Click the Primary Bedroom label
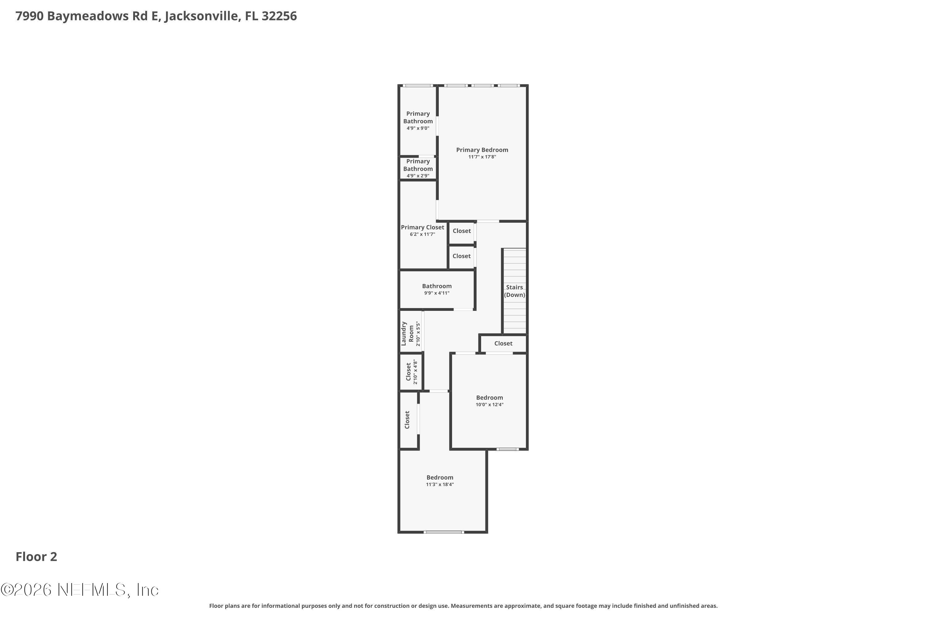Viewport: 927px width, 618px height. [x=482, y=150]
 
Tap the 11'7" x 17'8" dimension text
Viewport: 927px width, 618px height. [x=482, y=157]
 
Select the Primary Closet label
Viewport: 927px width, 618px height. [x=422, y=227]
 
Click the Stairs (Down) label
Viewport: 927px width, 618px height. [x=514, y=291]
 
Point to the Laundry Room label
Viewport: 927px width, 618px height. [x=408, y=333]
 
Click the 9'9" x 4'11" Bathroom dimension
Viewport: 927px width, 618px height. [x=436, y=293]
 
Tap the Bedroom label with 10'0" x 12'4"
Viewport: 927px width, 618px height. [x=489, y=398]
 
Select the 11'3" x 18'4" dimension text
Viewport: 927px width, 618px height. [x=439, y=485]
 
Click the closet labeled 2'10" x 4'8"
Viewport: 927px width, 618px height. [x=409, y=372]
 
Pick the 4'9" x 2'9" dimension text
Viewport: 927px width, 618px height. [x=418, y=176]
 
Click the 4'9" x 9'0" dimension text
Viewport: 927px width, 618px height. [x=418, y=128]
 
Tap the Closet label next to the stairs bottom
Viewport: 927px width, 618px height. [x=503, y=343]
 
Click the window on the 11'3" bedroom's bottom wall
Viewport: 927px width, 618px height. [x=443, y=532]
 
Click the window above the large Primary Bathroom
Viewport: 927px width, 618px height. [x=418, y=86]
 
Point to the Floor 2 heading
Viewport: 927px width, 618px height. [x=36, y=557]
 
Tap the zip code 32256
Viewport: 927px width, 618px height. [x=279, y=16]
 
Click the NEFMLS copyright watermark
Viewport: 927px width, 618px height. [x=80, y=590]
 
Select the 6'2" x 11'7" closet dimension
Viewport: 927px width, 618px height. [x=422, y=235]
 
